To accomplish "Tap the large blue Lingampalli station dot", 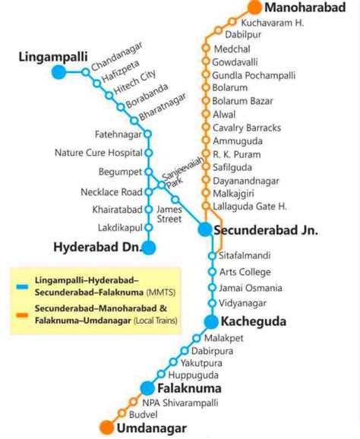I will point(59,72).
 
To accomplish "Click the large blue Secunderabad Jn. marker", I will point(204,229).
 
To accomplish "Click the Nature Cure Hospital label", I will point(99,153).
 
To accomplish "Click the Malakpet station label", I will point(224,338).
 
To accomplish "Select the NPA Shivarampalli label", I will point(180,403).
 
